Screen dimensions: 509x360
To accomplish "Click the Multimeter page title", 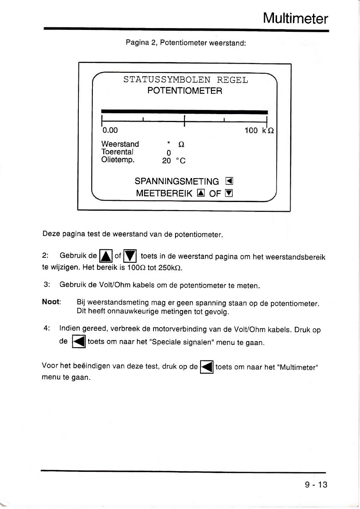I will [295, 18].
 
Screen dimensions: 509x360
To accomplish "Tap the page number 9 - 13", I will [316, 484].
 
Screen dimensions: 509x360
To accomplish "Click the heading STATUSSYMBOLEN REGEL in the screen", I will [185, 80].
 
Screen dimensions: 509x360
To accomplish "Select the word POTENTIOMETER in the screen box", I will [185, 91].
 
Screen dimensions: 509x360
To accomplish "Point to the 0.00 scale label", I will [110, 130].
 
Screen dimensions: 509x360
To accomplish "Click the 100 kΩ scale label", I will [259, 131].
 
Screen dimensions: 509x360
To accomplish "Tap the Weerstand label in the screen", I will [120, 144].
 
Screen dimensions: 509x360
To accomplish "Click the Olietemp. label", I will [118, 160].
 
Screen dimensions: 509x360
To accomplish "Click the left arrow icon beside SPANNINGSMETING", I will [229, 181].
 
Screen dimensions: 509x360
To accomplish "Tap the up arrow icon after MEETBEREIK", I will [201, 193].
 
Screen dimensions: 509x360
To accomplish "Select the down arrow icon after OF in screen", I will [229, 193].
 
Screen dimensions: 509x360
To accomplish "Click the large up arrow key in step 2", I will [105, 256].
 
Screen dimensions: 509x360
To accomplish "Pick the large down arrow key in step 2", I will [130, 256].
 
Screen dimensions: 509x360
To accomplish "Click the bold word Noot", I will [51, 302].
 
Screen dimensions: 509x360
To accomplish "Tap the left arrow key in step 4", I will [79, 342].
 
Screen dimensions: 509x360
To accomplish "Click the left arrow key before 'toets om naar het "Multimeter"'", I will [207, 367].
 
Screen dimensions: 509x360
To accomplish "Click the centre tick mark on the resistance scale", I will [184, 121].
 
